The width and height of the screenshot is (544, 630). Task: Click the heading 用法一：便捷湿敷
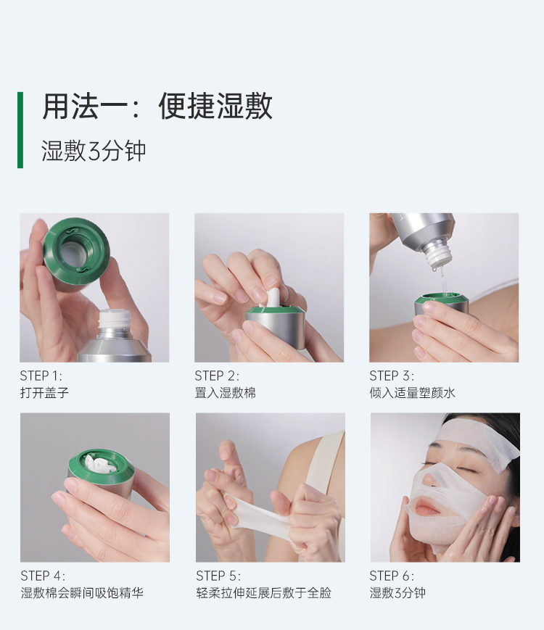157,106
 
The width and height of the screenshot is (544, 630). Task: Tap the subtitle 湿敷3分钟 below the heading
94,152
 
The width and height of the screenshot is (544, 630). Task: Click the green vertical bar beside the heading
20,130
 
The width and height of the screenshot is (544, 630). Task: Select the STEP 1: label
41,376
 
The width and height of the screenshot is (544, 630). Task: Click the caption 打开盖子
44,392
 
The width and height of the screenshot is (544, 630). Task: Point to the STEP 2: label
217,376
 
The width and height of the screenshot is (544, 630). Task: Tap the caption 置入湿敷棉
225,392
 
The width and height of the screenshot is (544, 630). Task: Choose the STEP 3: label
392,376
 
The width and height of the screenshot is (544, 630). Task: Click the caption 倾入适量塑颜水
413,392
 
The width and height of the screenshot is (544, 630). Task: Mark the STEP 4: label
43,576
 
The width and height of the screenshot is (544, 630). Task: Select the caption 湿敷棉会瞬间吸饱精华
82,592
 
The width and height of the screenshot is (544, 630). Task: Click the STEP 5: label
218,576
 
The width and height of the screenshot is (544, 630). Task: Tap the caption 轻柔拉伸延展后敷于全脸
264,592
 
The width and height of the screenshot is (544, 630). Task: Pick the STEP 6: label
392,576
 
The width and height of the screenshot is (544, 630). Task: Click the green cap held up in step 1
76,251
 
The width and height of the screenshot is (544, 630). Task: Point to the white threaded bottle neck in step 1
115,320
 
